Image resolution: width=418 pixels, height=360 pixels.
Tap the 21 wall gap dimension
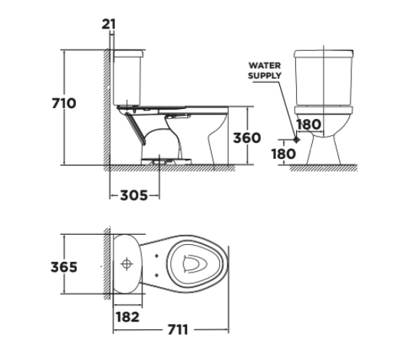tap(109, 24)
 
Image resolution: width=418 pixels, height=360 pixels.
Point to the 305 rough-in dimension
tap(135, 195)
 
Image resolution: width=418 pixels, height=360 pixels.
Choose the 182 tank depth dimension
tap(127, 315)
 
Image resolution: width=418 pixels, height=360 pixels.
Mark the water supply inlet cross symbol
tap(296, 140)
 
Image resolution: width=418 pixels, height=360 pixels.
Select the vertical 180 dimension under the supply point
tap(283, 153)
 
